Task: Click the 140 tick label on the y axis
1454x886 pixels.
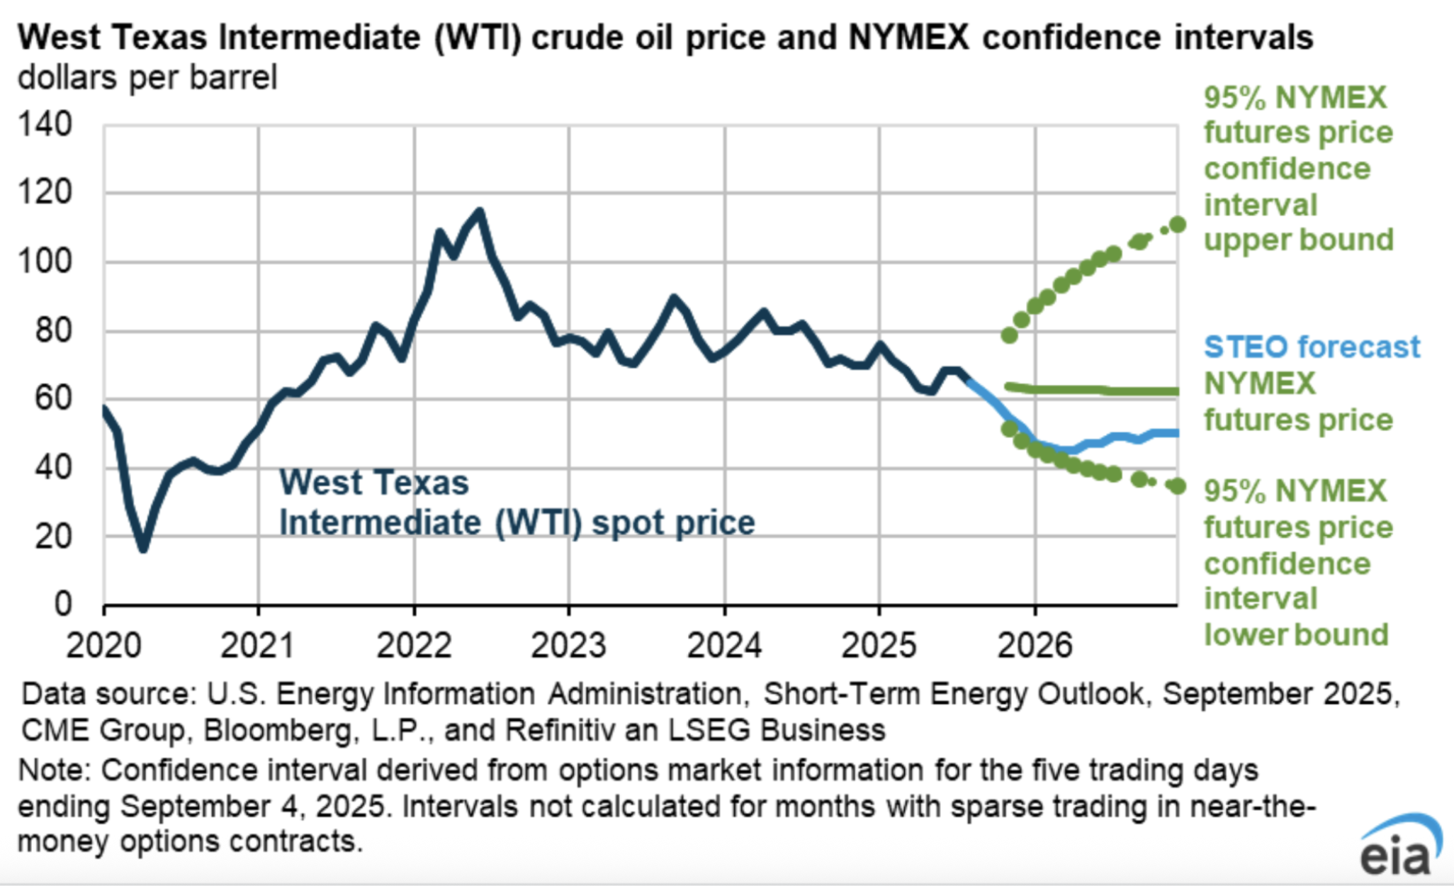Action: point(45,125)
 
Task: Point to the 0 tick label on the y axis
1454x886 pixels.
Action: point(63,604)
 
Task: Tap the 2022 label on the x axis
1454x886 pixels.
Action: point(414,646)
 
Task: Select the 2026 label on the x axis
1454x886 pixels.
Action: point(1035,646)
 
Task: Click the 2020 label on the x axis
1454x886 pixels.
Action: point(103,646)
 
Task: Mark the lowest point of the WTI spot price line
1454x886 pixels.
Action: point(143,549)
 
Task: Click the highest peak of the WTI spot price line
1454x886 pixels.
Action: point(480,211)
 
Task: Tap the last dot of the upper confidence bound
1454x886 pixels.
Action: point(1178,225)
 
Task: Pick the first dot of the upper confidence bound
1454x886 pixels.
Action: point(1009,335)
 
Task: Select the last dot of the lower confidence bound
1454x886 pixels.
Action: point(1178,486)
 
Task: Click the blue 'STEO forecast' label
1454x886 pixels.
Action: point(1312,347)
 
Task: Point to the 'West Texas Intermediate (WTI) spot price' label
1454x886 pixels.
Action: point(517,503)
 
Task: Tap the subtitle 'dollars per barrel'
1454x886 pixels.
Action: point(147,78)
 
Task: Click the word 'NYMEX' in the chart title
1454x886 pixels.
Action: point(908,38)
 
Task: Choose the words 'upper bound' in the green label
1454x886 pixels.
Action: point(1298,240)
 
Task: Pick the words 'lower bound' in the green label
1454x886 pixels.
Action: point(1295,635)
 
